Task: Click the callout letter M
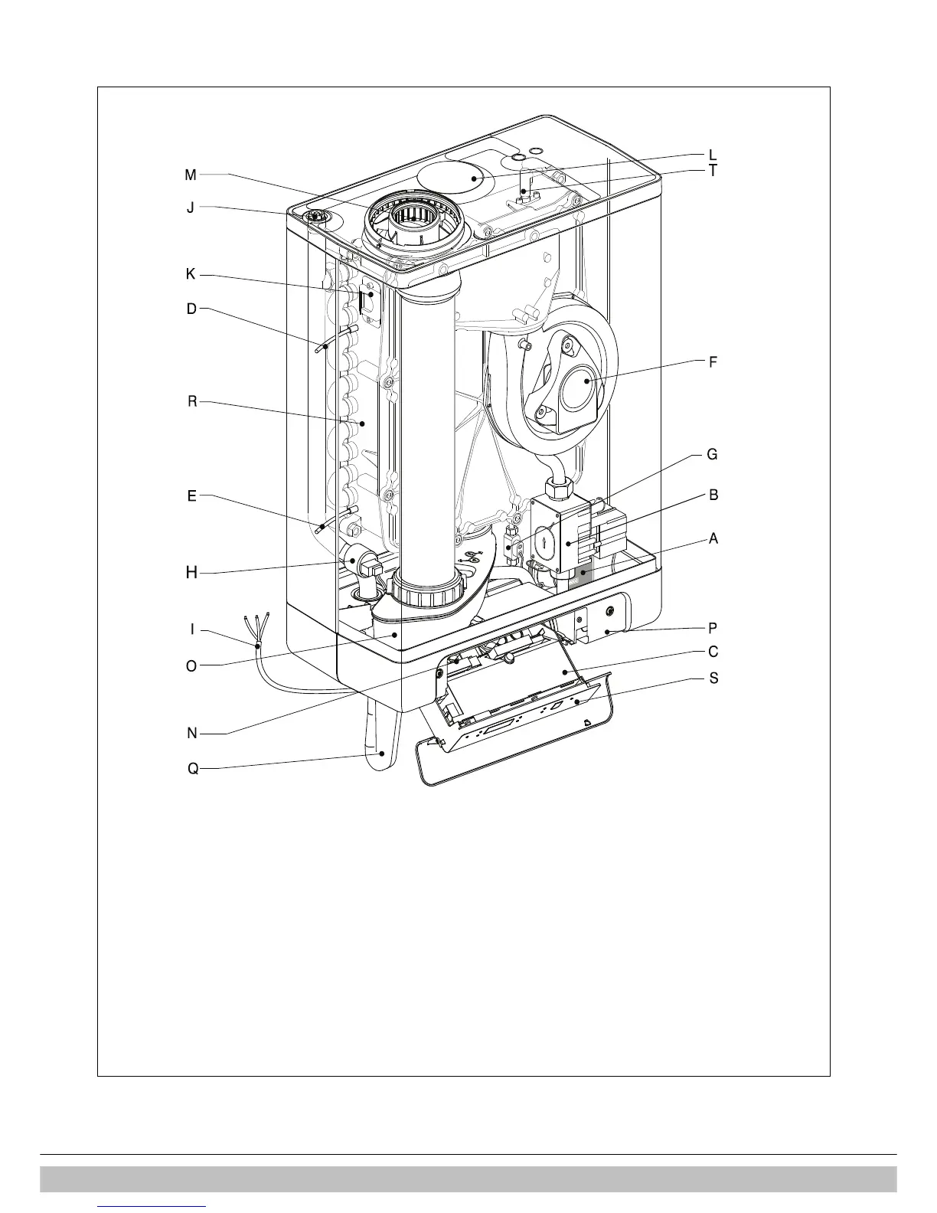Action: [191, 175]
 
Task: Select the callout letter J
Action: [191, 208]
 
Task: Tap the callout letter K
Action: [191, 275]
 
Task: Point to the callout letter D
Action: [191, 309]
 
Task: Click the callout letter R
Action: [192, 401]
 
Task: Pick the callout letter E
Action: [191, 496]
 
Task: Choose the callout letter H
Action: [192, 572]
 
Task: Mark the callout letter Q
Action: [193, 768]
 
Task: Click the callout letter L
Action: [713, 155]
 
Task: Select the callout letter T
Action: [713, 171]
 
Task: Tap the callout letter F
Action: [713, 362]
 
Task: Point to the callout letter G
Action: [712, 454]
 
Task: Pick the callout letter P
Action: [713, 628]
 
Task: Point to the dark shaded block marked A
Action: [584, 575]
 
